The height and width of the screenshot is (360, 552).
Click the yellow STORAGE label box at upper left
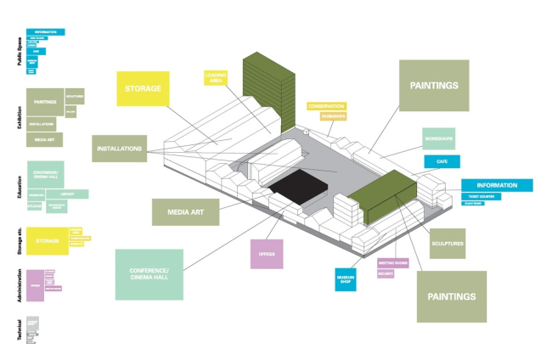tap(143, 87)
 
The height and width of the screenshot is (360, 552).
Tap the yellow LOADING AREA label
tap(216, 80)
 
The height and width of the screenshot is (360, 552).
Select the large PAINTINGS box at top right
tap(434, 85)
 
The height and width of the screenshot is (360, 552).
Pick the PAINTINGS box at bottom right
tap(451, 296)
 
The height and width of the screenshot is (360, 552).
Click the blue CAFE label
tap(442, 161)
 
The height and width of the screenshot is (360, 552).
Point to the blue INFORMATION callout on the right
tap(497, 185)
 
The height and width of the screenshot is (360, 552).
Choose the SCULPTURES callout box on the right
tap(448, 244)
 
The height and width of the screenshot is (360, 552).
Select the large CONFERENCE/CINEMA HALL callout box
tap(149, 274)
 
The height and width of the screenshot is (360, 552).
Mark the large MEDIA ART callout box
tap(185, 211)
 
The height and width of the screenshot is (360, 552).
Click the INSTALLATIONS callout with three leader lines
tap(119, 148)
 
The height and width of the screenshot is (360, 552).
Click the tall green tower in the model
tap(268, 92)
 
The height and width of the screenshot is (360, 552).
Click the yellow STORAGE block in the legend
tap(47, 241)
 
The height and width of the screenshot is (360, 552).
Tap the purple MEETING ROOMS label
tap(392, 263)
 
